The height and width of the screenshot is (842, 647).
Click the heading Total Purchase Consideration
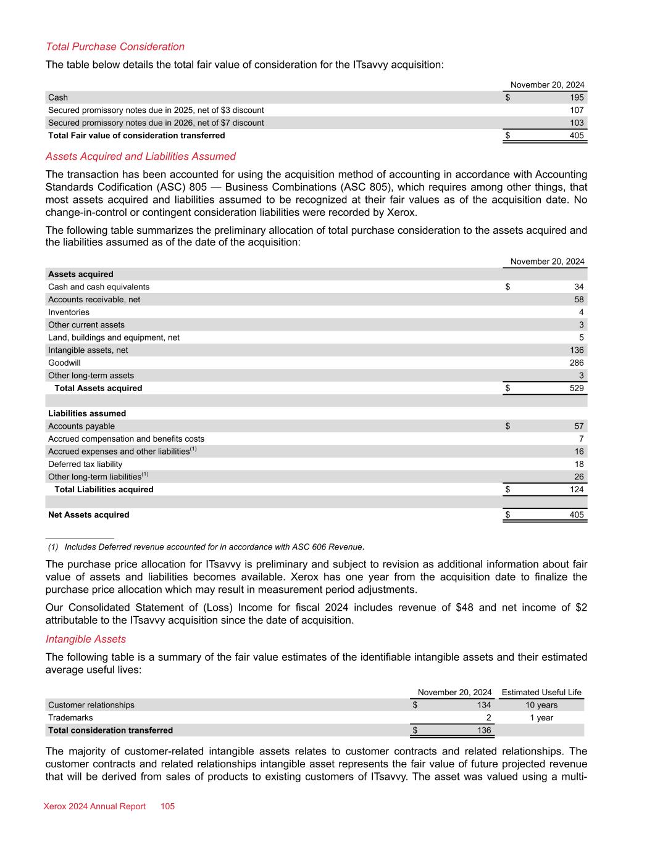click(x=115, y=47)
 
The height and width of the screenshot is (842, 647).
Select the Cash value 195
click(x=577, y=97)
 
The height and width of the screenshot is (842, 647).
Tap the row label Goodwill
click(x=64, y=363)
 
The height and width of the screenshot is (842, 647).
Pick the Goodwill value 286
click(x=577, y=363)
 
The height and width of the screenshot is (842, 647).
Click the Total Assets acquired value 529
click(x=577, y=388)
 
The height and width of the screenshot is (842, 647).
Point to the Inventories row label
click(x=69, y=312)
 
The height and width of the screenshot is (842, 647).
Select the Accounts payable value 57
click(x=578, y=426)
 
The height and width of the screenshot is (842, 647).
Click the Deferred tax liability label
click(x=85, y=464)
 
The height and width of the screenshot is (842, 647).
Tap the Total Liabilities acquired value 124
click(x=577, y=489)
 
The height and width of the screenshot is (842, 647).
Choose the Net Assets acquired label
click(x=89, y=514)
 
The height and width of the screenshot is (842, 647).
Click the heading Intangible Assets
click(x=86, y=639)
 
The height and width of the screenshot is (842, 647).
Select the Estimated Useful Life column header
click(x=541, y=692)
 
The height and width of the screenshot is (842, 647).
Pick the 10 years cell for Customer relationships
click(x=541, y=705)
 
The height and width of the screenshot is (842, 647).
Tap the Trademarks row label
click(x=70, y=717)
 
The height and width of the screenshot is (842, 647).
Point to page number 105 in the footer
click(x=168, y=806)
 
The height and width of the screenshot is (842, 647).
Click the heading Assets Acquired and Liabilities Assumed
click(x=141, y=157)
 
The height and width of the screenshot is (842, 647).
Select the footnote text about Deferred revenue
click(x=213, y=547)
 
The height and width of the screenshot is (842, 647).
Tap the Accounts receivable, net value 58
click(x=578, y=299)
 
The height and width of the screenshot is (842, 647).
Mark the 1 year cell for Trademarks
click(x=541, y=717)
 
